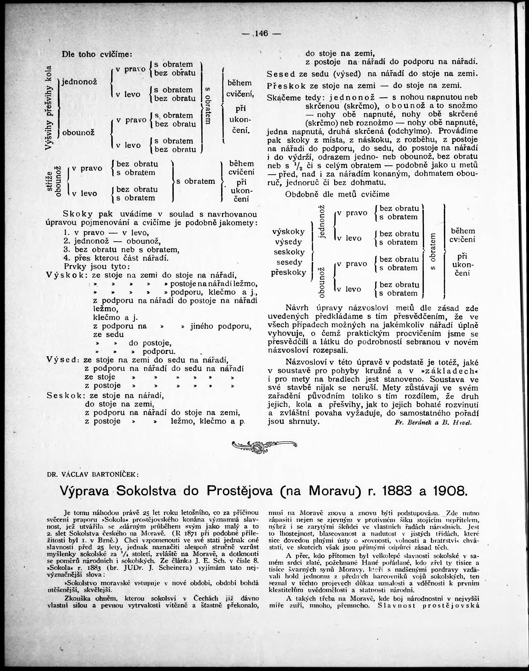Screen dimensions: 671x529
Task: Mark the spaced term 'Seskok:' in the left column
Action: click(x=66, y=396)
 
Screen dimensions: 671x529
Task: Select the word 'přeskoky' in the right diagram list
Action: click(x=289, y=273)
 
